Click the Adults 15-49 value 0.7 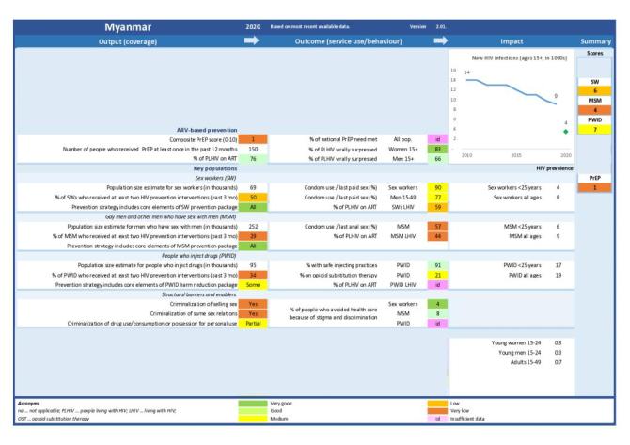tap(557, 361)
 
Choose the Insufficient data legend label tap(470, 431)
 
